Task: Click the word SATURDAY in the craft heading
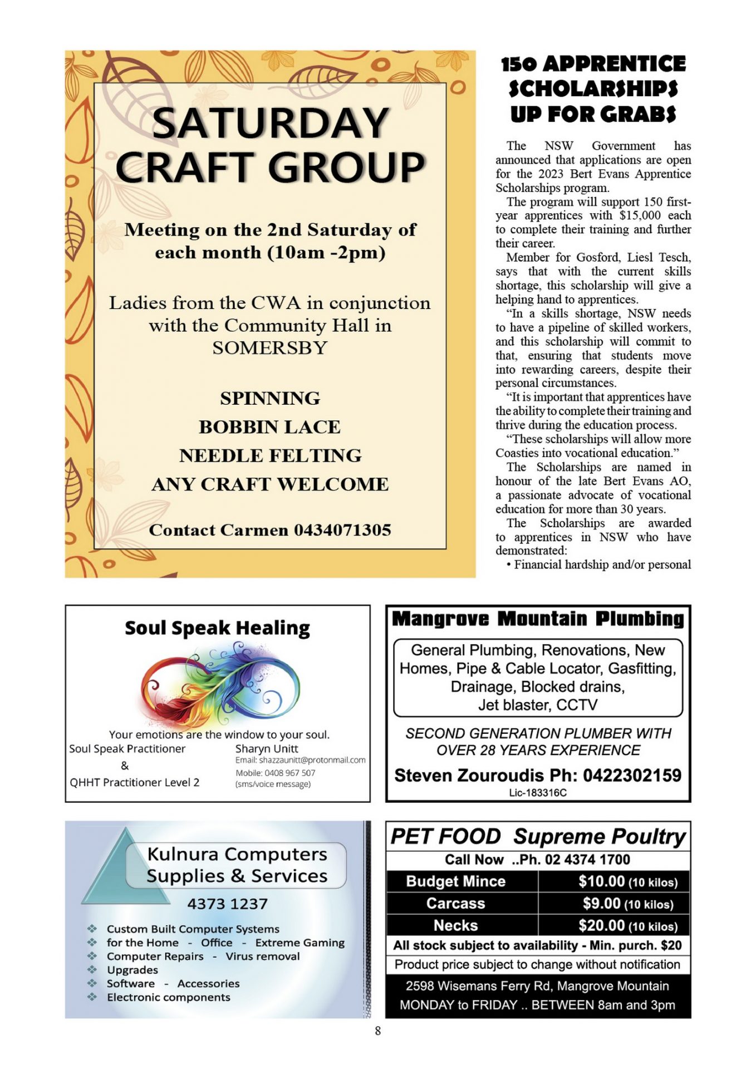coord(270,123)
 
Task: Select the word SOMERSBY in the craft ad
coord(270,348)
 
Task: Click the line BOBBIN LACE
coord(270,427)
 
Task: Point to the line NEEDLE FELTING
coord(270,455)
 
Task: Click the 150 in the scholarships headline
coord(519,64)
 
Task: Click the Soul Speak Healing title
coord(217,628)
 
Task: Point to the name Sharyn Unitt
coord(267,749)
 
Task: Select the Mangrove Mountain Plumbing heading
coord(538,619)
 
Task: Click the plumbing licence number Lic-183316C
coord(538,793)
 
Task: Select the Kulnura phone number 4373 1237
coord(227,904)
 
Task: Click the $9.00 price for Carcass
coord(601,903)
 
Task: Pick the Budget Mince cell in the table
coord(455,881)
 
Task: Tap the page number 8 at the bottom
coord(378,1031)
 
